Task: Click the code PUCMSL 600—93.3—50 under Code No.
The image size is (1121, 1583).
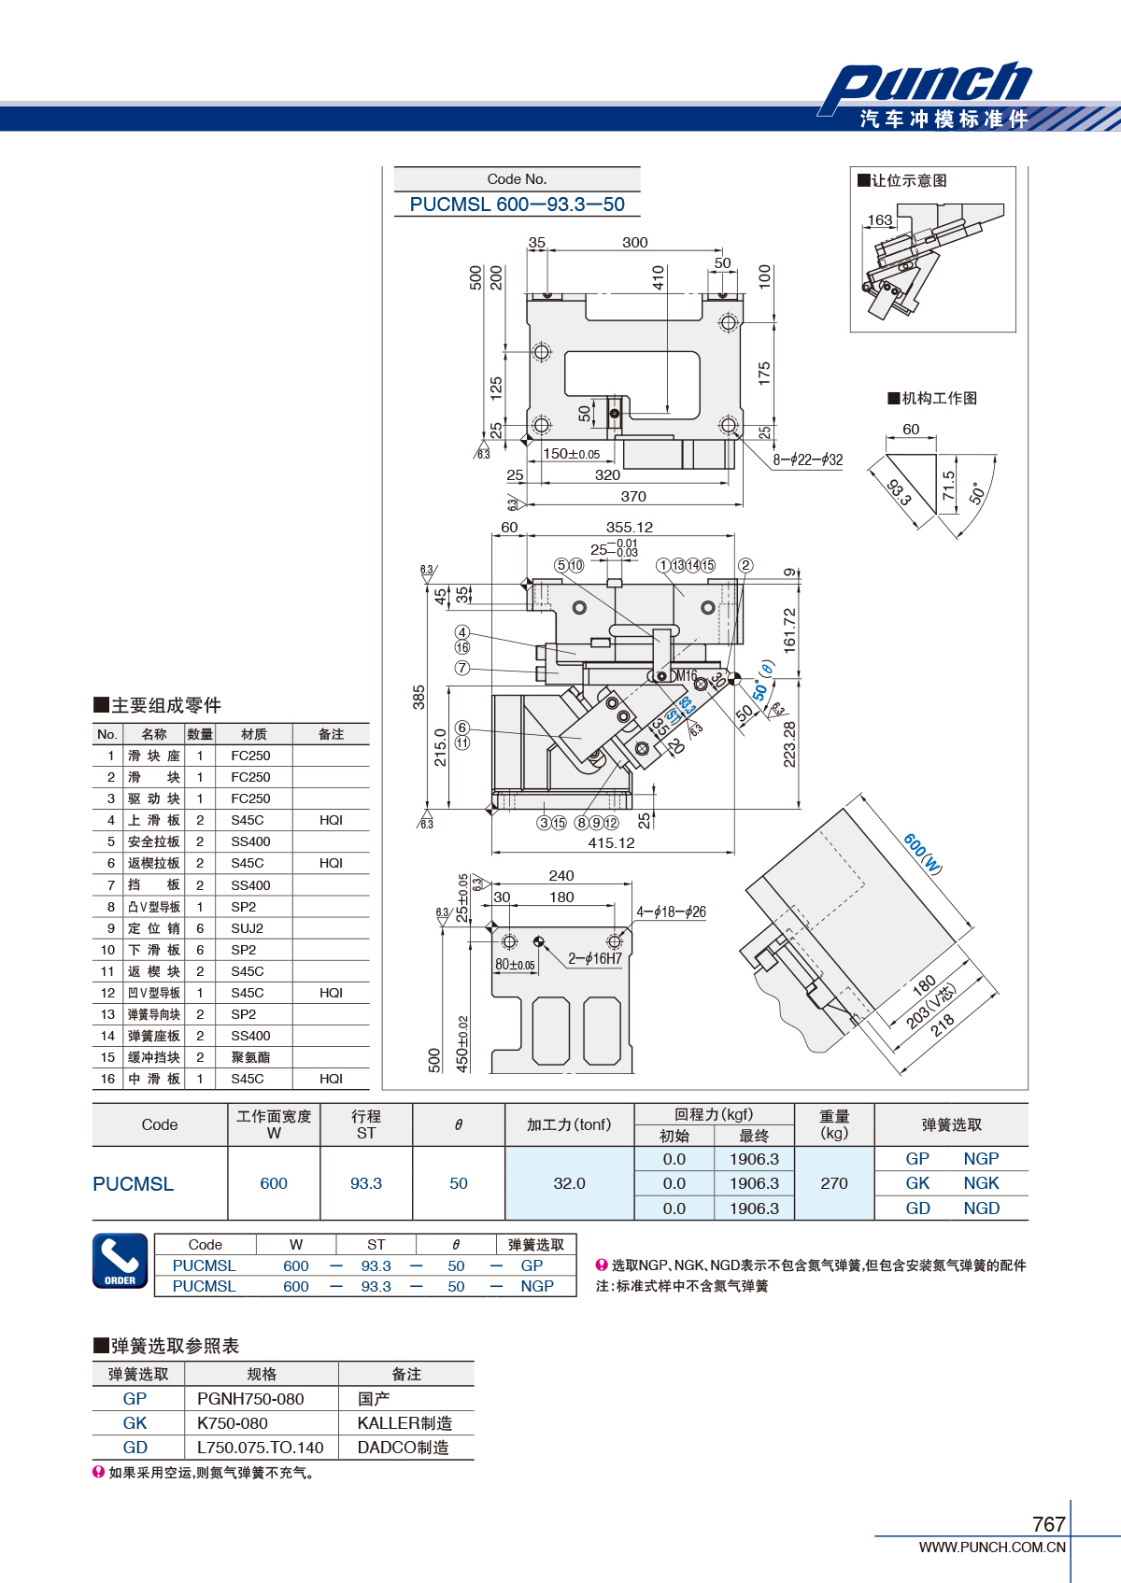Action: click(x=517, y=205)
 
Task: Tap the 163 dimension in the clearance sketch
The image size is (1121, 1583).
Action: click(x=879, y=219)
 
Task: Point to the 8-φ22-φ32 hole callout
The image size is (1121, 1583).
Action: click(x=807, y=459)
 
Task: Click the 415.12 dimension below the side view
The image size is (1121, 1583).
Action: click(x=611, y=842)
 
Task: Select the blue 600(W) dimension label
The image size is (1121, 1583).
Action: click(x=923, y=853)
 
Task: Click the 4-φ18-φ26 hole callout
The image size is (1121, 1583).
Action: click(x=671, y=912)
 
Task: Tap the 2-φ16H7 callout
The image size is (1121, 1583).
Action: click(x=595, y=958)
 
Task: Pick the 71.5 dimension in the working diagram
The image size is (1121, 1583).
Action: click(x=948, y=486)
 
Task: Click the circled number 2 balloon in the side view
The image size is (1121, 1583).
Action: click(x=745, y=565)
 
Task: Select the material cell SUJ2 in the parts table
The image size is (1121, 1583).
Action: click(x=247, y=928)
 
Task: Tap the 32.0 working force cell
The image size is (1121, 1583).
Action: click(x=569, y=1183)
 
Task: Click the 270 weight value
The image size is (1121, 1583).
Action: click(x=834, y=1183)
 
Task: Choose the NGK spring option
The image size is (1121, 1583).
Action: click(x=981, y=1183)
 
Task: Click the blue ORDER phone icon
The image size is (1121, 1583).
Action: click(x=121, y=1261)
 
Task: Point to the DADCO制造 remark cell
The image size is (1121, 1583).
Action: click(x=403, y=1448)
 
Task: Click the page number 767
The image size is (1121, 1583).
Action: click(x=1048, y=1523)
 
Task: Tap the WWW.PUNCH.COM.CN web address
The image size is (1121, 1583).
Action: click(x=992, y=1547)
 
